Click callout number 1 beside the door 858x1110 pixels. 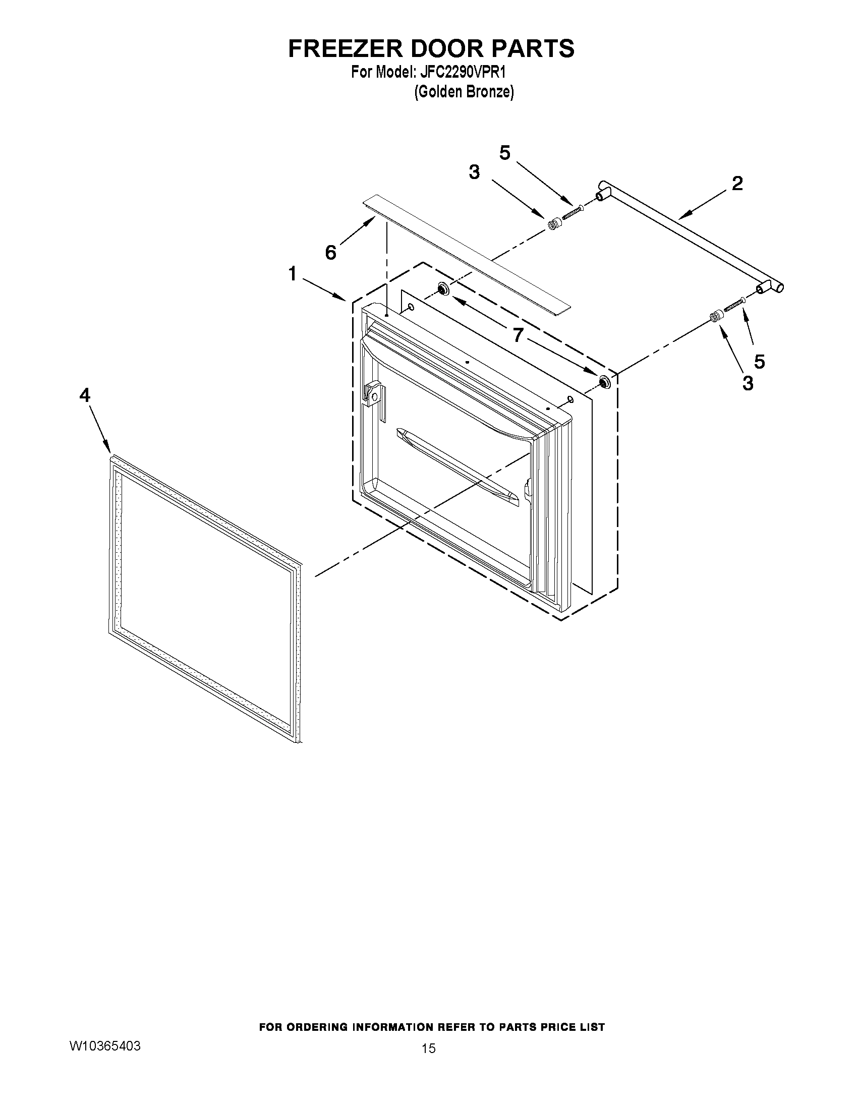click(292, 274)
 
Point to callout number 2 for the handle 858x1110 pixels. click(737, 184)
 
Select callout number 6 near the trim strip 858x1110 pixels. click(331, 252)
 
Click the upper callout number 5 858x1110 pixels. click(505, 152)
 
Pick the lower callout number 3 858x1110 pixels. click(748, 383)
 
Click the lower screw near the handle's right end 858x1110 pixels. click(734, 306)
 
